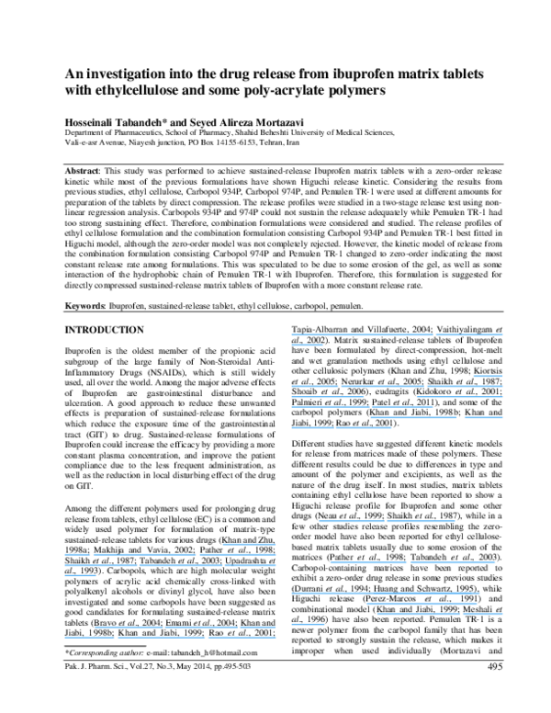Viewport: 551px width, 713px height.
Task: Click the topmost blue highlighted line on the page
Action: pos(398,334)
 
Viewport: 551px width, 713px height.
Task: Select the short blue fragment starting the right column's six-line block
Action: pos(488,376)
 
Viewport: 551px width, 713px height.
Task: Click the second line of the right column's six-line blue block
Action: pos(398,387)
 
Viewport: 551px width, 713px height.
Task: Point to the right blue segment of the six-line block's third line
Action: pos(459,397)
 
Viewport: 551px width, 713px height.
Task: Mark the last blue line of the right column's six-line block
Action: pos(342,427)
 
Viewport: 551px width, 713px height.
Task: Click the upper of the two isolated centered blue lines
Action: pos(387,521)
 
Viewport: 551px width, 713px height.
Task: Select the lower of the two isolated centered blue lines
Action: pos(412,561)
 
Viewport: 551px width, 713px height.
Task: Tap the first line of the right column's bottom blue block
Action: pos(386,594)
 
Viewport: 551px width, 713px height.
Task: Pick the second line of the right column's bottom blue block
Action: pos(422,604)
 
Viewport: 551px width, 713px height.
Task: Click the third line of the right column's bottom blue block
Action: pos(440,614)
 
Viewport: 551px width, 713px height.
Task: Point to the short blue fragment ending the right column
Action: pos(308,624)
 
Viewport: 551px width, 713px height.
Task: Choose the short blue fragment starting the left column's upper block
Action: pos(249,545)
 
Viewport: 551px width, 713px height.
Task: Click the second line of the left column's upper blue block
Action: pos(171,555)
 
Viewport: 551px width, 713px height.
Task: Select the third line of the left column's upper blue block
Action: pos(171,565)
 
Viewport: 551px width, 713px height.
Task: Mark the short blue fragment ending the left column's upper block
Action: pos(81,576)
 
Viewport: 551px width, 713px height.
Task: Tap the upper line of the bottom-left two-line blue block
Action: pos(185,627)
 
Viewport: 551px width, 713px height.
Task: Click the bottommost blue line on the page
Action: pos(171,636)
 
